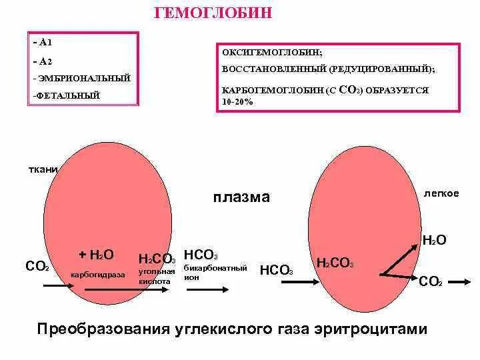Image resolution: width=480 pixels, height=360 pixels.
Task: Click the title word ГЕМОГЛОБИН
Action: [x=213, y=14]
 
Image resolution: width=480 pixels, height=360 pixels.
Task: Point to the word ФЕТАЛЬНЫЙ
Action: [x=67, y=95]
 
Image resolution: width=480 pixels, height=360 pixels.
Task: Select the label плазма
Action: [x=241, y=197]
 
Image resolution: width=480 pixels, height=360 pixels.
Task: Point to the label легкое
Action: [x=441, y=193]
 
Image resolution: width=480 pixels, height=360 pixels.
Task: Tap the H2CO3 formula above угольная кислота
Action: [x=157, y=259]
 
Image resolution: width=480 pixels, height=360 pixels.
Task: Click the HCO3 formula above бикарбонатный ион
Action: [x=201, y=255]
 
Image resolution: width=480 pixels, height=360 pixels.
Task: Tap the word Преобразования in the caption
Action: [x=99, y=329]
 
